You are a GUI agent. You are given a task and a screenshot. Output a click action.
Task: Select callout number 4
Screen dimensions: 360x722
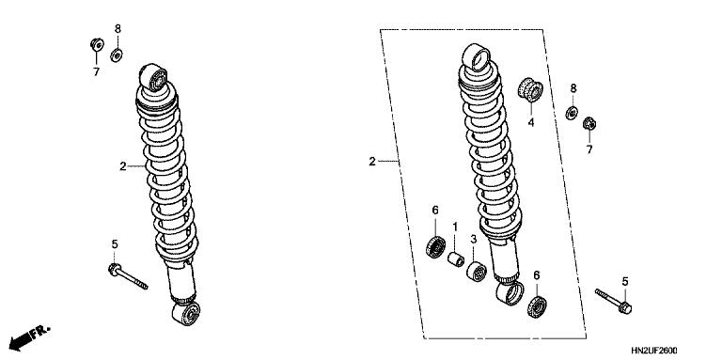(x=530, y=122)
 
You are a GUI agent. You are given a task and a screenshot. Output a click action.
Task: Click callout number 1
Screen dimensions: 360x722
(x=454, y=227)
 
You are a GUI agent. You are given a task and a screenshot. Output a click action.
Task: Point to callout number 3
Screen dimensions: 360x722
(x=474, y=241)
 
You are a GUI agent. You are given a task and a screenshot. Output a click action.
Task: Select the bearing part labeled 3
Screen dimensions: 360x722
(x=477, y=273)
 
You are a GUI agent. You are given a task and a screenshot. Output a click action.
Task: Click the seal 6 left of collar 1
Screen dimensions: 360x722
(x=435, y=248)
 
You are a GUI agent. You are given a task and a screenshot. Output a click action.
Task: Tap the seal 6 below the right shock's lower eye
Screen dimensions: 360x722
(x=538, y=306)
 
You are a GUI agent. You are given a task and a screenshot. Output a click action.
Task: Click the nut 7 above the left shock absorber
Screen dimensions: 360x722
(x=96, y=43)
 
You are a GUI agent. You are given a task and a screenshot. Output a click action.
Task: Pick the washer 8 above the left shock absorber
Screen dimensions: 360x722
(x=117, y=55)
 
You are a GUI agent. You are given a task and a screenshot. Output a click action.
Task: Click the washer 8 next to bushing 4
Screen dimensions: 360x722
(x=571, y=114)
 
